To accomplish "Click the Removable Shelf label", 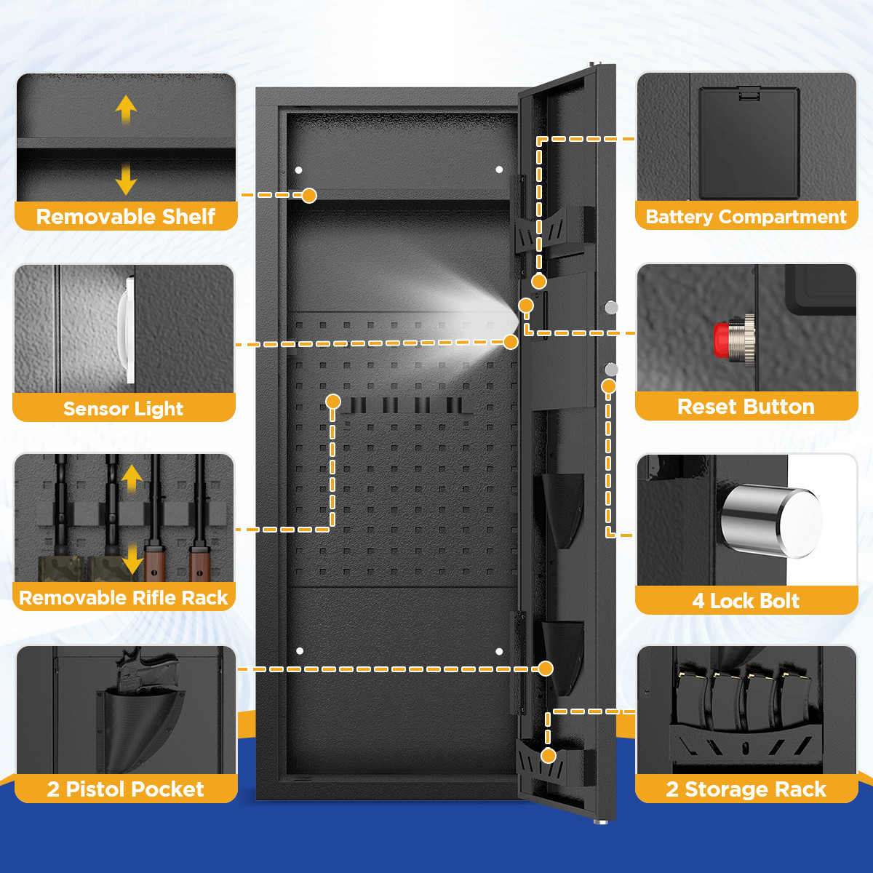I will coord(126,217).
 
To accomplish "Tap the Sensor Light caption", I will coord(124,409).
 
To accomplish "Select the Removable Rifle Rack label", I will coord(124,598).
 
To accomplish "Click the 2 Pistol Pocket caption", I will coord(126,789).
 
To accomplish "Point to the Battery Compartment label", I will coord(746,217).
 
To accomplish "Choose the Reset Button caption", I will coord(746,407).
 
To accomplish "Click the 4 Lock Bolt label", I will coord(746,601).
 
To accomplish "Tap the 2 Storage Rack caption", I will coord(746,789).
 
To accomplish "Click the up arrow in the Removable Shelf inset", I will coord(126,109).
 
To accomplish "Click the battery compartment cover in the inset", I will coord(749,143).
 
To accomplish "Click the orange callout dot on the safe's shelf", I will coord(309,195).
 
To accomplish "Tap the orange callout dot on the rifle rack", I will coord(333,402).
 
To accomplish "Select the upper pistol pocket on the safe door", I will coord(562,509).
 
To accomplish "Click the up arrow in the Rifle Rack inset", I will coord(132,479).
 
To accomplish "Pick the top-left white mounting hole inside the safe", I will coord(298,170).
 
